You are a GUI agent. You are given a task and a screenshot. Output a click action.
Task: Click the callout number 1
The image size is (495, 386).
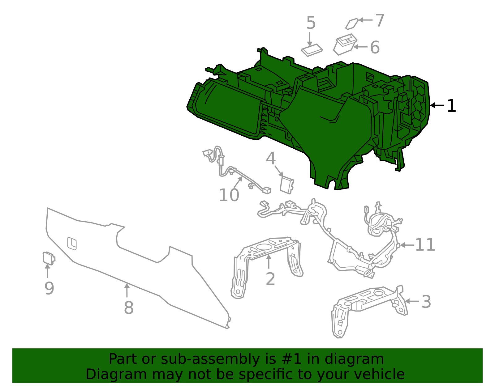coord(451,106)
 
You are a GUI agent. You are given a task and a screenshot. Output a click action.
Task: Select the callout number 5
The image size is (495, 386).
coord(311,23)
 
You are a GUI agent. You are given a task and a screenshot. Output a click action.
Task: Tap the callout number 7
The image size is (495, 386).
coord(380,20)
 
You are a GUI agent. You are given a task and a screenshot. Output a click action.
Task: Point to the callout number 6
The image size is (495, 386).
coord(375,47)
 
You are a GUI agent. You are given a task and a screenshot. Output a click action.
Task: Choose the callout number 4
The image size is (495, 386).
coord(271,158)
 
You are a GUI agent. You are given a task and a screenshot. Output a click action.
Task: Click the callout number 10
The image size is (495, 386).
coord(229,195)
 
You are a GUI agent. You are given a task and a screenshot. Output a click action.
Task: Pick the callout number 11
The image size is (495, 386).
coord(425,245)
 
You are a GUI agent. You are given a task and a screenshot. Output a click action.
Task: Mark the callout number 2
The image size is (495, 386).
coord(270,279)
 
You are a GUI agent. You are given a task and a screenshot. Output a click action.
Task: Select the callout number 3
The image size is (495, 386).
coord(426,302)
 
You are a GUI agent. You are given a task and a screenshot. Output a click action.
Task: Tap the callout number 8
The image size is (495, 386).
coord(129,308)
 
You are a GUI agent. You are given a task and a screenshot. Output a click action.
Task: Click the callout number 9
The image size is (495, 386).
coord(49,288)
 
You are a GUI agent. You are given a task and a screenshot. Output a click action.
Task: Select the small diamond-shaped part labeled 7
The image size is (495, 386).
coord(352,24)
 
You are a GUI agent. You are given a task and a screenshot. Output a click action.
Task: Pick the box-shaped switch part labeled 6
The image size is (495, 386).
coord(345,45)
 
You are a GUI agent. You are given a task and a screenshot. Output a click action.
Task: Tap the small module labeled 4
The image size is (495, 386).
coord(287,185)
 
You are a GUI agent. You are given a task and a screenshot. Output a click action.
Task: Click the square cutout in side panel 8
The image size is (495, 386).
coord(72,244)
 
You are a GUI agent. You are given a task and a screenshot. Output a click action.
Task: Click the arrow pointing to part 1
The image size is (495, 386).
coord(437,105)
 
